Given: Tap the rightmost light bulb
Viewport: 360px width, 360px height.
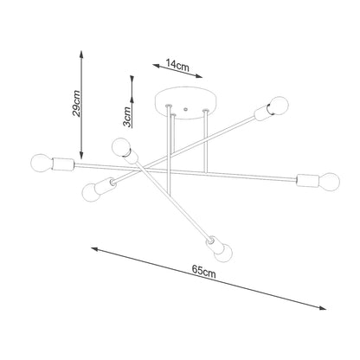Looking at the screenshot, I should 328,181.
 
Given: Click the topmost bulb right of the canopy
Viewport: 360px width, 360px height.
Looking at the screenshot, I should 279,106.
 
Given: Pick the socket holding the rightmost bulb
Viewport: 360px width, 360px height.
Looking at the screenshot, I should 306,180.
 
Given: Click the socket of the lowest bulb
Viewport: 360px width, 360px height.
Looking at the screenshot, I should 213,240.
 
